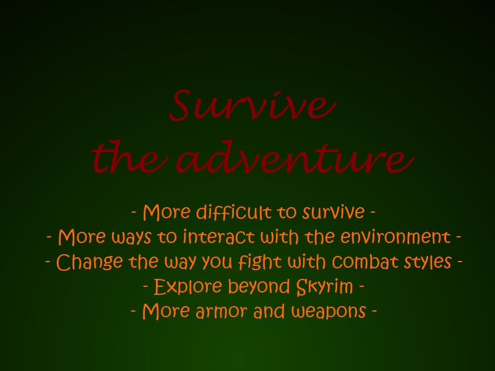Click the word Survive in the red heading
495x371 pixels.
(252, 105)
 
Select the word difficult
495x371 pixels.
(234, 211)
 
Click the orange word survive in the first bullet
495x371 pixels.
(334, 212)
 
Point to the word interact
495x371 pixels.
(219, 237)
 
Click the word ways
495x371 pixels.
(131, 237)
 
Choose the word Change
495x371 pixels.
(89, 262)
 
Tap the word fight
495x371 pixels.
(259, 262)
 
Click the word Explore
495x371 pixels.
(187, 286)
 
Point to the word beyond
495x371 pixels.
(259, 286)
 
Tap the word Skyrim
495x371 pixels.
(324, 287)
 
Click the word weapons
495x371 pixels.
(329, 312)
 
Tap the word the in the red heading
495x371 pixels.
(129, 157)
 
